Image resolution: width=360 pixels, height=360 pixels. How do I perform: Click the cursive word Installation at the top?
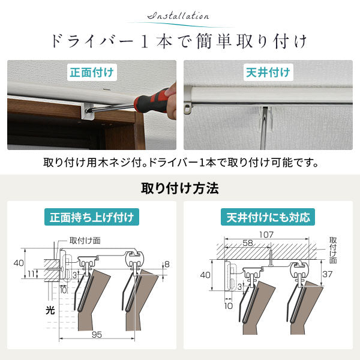pos(178,16)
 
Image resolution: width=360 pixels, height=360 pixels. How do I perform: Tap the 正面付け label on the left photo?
pos(92,73)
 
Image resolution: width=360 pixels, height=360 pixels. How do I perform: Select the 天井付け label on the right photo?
pos(268,73)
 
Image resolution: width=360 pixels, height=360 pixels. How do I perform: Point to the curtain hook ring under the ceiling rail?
pos(187,109)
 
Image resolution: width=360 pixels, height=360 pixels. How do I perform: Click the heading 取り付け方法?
pos(180,188)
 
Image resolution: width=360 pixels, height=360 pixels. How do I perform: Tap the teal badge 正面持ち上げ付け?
pos(92,217)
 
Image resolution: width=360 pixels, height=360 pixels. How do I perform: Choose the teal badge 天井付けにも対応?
pos(268,217)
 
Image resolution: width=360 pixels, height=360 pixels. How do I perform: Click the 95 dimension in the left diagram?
pos(97,335)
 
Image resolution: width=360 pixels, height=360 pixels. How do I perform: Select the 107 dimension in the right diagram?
pos(266,235)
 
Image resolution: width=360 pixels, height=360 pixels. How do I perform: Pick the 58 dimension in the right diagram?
pos(248,243)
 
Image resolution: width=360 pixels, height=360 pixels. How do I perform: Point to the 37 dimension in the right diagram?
pos(328,274)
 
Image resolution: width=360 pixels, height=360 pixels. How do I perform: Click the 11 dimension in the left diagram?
pos(31,274)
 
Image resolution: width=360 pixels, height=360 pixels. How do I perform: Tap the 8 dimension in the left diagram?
pos(167,264)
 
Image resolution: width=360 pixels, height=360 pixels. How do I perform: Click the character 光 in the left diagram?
pos(50,310)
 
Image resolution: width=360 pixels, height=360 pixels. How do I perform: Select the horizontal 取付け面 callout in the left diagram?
pos(85,241)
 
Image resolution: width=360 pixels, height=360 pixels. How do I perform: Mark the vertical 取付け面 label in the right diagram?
pos(333,250)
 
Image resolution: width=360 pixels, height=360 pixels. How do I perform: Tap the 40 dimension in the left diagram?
pos(19,263)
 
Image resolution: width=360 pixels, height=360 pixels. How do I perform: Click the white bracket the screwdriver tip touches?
pos(86,111)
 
